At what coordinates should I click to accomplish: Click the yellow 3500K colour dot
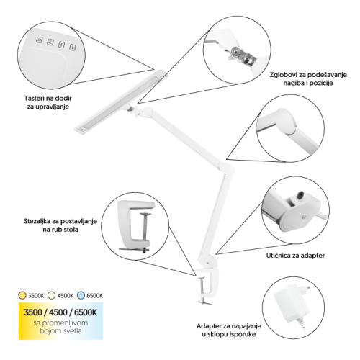pyautogui.click(x=22, y=295)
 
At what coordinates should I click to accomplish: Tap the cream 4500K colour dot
pyautogui.click(x=51, y=295)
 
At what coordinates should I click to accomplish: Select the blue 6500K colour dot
pyautogui.click(x=81, y=295)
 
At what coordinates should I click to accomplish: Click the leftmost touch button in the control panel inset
pyautogui.click(x=40, y=40)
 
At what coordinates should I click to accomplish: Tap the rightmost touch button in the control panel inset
pyautogui.click(x=73, y=48)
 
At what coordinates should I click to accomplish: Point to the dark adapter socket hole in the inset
pyautogui.click(x=300, y=195)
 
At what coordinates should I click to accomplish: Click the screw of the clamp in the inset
pyautogui.click(x=145, y=232)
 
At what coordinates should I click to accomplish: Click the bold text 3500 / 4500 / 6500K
pyautogui.click(x=60, y=312)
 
